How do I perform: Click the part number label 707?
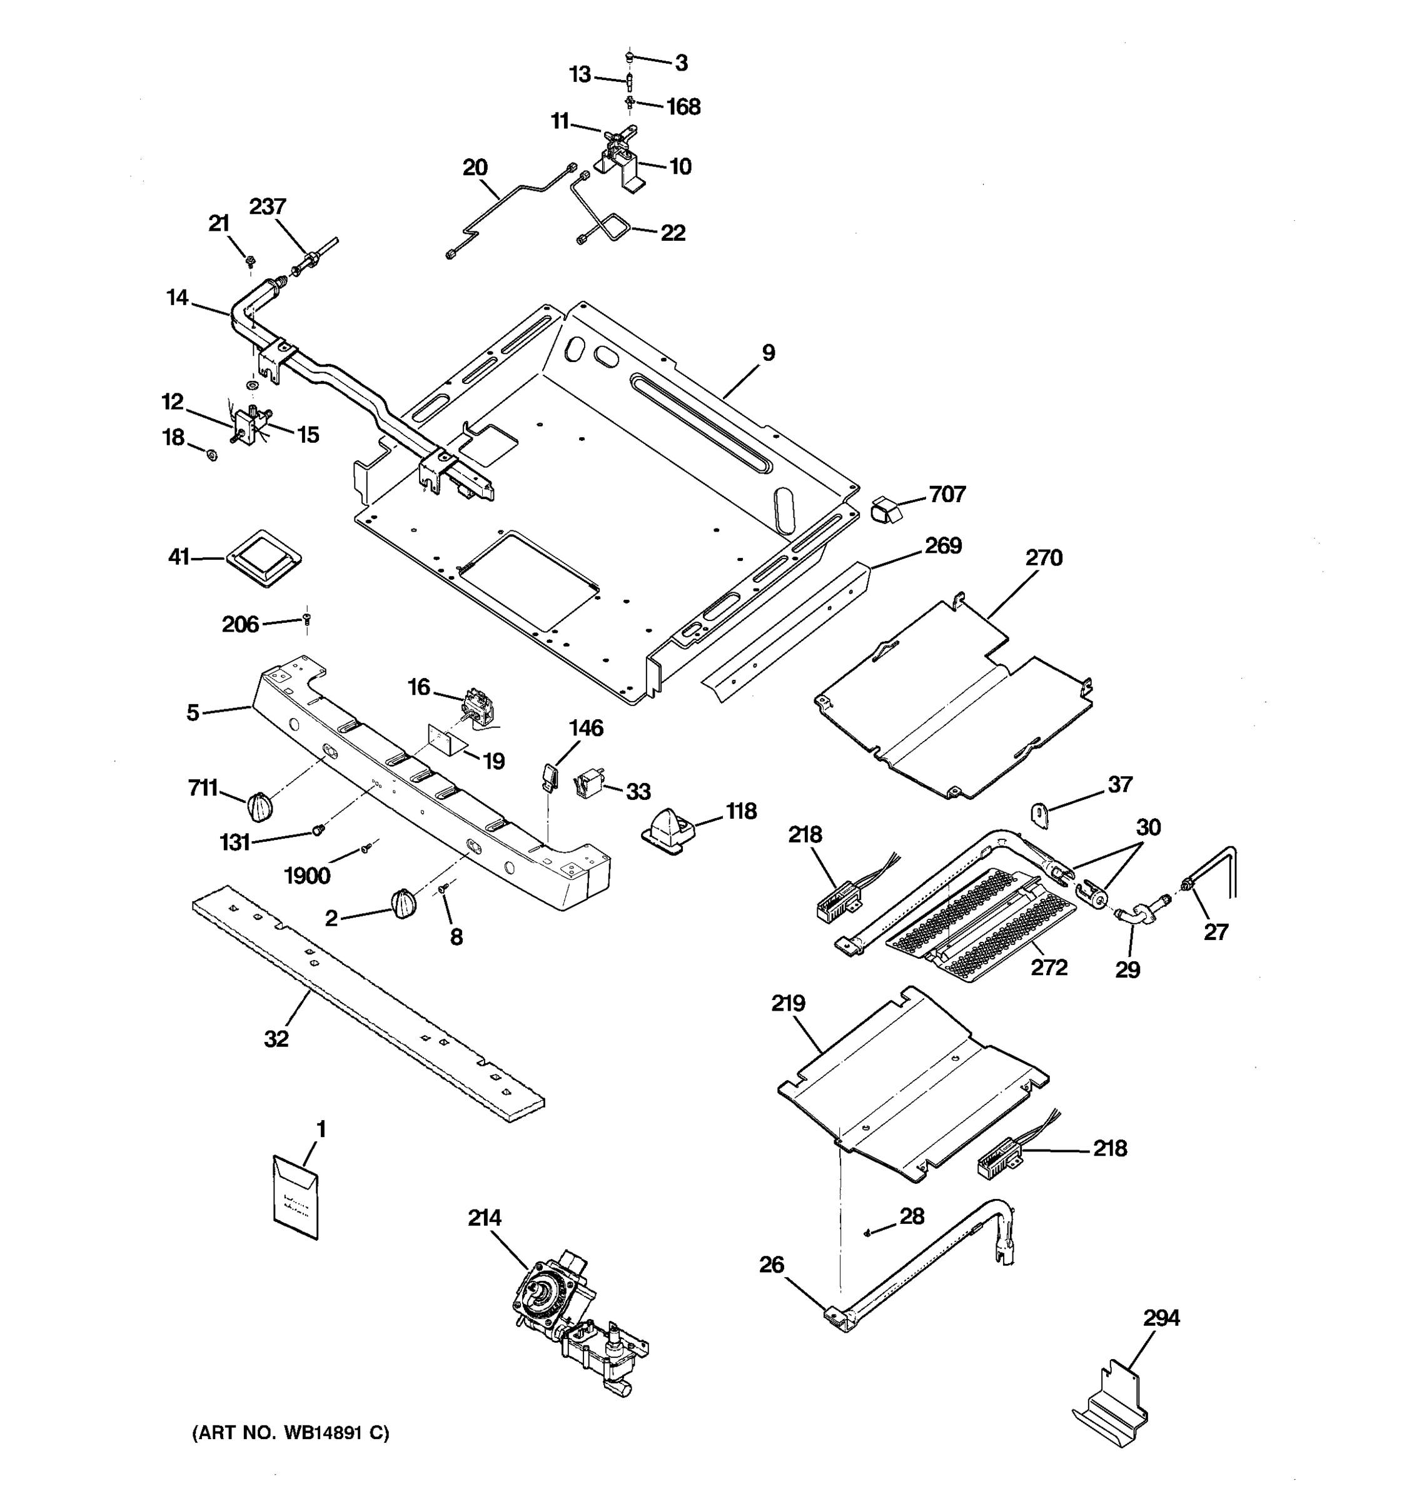[x=947, y=494]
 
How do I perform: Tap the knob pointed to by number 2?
[x=403, y=903]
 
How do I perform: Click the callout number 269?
[x=944, y=545]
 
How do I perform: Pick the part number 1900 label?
[x=307, y=876]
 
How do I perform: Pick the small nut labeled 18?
[x=212, y=455]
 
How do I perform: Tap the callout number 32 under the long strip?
[x=276, y=1039]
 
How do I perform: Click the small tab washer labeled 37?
[x=1040, y=816]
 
